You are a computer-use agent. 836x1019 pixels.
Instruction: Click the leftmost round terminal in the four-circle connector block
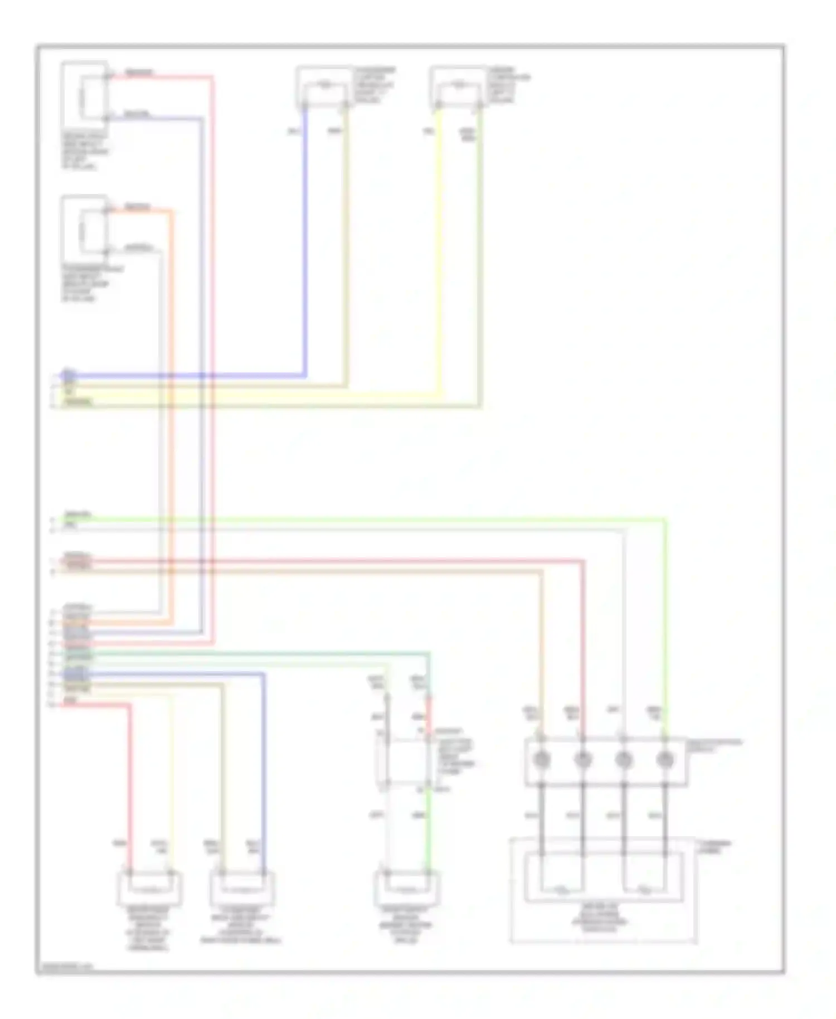541,759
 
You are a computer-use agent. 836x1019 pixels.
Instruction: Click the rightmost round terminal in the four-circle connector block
665,759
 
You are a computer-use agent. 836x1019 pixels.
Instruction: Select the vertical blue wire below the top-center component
305,240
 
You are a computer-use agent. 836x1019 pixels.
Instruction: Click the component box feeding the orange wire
85,229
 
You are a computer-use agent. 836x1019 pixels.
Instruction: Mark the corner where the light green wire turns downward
665,521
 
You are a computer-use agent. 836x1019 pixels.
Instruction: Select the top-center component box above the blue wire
324,87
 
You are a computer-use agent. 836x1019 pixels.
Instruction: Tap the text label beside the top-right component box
508,85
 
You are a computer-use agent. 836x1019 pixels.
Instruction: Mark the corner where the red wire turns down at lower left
130,705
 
